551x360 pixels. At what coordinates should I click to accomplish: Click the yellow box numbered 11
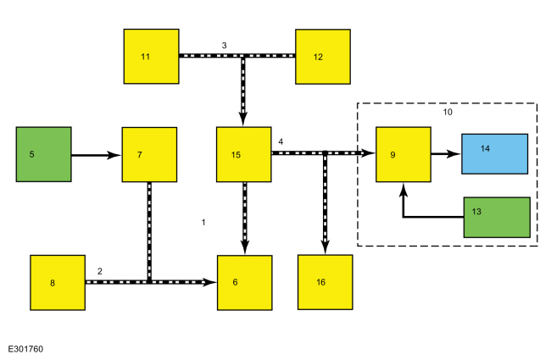point(151,57)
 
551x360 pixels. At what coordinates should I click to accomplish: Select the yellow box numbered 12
point(323,57)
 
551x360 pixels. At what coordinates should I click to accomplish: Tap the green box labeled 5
point(43,154)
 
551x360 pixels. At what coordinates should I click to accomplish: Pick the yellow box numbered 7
point(149,154)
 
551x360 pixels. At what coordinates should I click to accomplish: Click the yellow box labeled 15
point(244,154)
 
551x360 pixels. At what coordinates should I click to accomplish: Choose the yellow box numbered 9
point(404,154)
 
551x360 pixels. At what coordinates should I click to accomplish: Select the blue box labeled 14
point(494,154)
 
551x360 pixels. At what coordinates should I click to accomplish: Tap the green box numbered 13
point(497,218)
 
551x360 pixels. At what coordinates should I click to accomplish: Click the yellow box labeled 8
point(58,283)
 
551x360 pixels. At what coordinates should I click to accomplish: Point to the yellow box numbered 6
point(245,283)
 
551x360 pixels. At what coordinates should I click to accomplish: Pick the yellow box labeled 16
point(325,282)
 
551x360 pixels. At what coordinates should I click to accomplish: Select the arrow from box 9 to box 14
point(446,154)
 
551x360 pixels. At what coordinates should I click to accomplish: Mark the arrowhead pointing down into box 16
point(325,247)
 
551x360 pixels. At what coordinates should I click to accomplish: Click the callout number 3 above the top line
point(224,45)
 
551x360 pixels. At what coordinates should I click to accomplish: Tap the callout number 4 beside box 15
point(281,141)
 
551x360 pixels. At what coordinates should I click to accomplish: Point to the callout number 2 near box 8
point(100,271)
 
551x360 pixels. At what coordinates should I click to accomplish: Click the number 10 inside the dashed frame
point(448,112)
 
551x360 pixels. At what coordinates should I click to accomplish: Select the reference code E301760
point(25,349)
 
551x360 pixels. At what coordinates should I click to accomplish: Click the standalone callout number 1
point(203,222)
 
